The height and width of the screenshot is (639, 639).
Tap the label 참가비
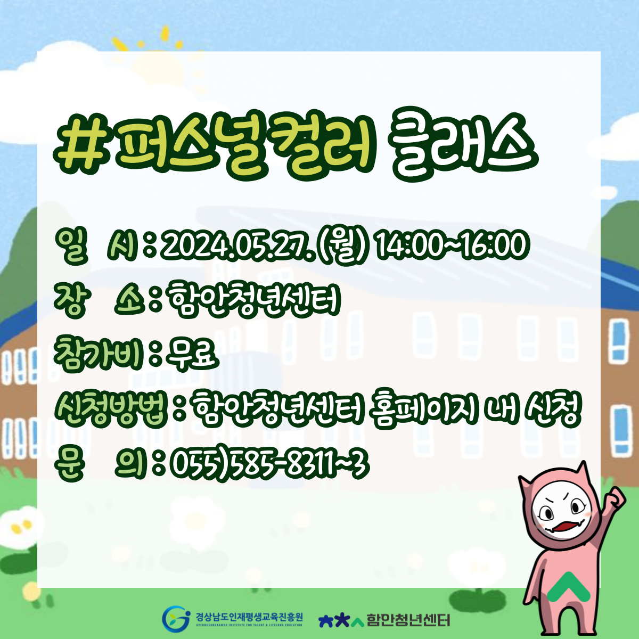pos(100,355)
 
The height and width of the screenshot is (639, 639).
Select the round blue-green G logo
pos(175,619)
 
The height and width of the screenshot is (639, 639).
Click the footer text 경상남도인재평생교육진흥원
pos(249,617)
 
